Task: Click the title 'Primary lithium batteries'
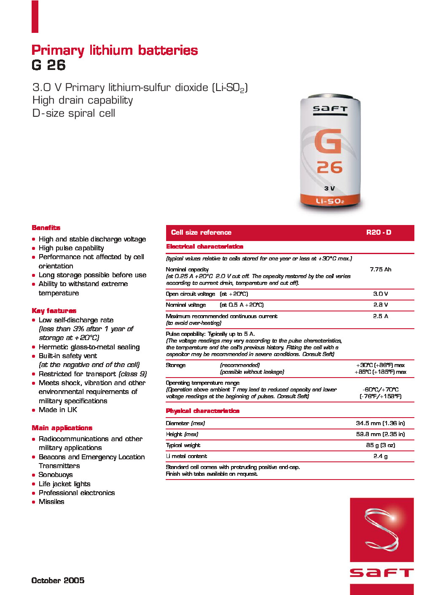click(115, 50)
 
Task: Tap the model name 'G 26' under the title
click(48, 65)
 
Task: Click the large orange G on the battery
click(328, 142)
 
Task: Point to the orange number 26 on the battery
click(330, 167)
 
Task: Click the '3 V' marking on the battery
click(330, 188)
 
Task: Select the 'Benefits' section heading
click(46, 228)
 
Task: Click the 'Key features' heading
click(54, 311)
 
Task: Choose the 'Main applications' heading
click(62, 428)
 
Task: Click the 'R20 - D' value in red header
click(379, 232)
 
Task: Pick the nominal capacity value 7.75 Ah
click(380, 269)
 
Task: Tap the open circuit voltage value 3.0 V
click(380, 294)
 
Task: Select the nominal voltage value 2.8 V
click(380, 305)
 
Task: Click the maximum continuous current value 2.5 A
click(380, 316)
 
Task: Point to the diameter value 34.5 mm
click(380, 423)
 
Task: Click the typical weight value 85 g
click(380, 445)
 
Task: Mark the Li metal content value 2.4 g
click(380, 456)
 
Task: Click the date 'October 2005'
click(58, 580)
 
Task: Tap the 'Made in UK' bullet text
click(58, 410)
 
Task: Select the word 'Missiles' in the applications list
click(51, 501)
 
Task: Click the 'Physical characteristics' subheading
click(202, 411)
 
